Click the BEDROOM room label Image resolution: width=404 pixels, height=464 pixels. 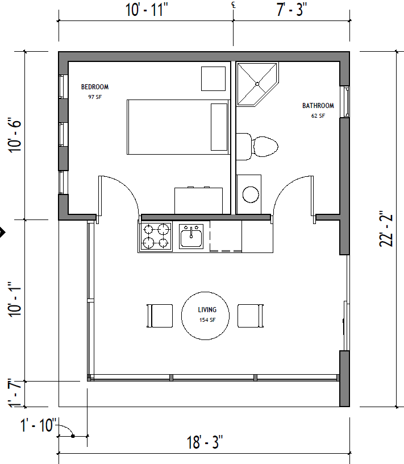[94, 87]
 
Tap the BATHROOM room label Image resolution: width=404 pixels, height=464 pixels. [318, 106]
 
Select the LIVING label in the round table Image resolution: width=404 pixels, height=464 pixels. [207, 310]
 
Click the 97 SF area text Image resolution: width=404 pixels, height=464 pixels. [94, 97]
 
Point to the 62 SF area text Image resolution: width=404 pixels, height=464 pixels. [318, 116]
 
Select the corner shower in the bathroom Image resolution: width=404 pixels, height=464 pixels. [255, 83]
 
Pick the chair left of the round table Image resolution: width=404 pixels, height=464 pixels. [160, 316]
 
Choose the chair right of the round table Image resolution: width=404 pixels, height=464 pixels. [251, 316]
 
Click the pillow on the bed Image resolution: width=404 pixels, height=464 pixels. [219, 127]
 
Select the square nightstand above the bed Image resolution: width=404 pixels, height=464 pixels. [214, 78]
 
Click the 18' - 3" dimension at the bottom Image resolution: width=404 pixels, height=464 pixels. [204, 442]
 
